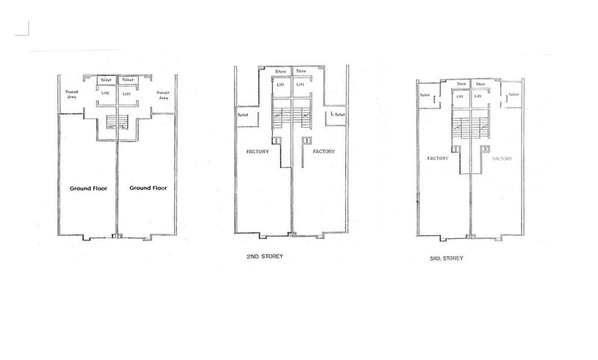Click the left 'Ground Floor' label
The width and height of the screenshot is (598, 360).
coord(88,188)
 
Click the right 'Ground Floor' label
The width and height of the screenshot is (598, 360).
coord(148,188)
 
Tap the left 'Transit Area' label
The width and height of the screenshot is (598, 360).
coord(73,95)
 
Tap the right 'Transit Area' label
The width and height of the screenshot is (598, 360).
coord(162,95)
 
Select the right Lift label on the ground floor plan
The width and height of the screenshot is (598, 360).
coord(126,93)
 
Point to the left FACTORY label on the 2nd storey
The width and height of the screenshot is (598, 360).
coord(259,151)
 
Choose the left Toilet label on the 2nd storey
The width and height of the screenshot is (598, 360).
coord(242,115)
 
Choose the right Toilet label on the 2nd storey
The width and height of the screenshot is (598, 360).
coord(339,115)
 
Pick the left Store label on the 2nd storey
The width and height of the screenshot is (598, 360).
coord(281,71)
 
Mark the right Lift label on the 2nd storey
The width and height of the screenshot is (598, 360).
coord(300,84)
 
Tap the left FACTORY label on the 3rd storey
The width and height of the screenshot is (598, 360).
coord(437,158)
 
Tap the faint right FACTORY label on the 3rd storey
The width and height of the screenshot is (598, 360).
coord(502,158)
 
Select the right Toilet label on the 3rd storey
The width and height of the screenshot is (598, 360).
coord(514,95)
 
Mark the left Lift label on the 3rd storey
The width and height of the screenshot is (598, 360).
coord(461,96)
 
